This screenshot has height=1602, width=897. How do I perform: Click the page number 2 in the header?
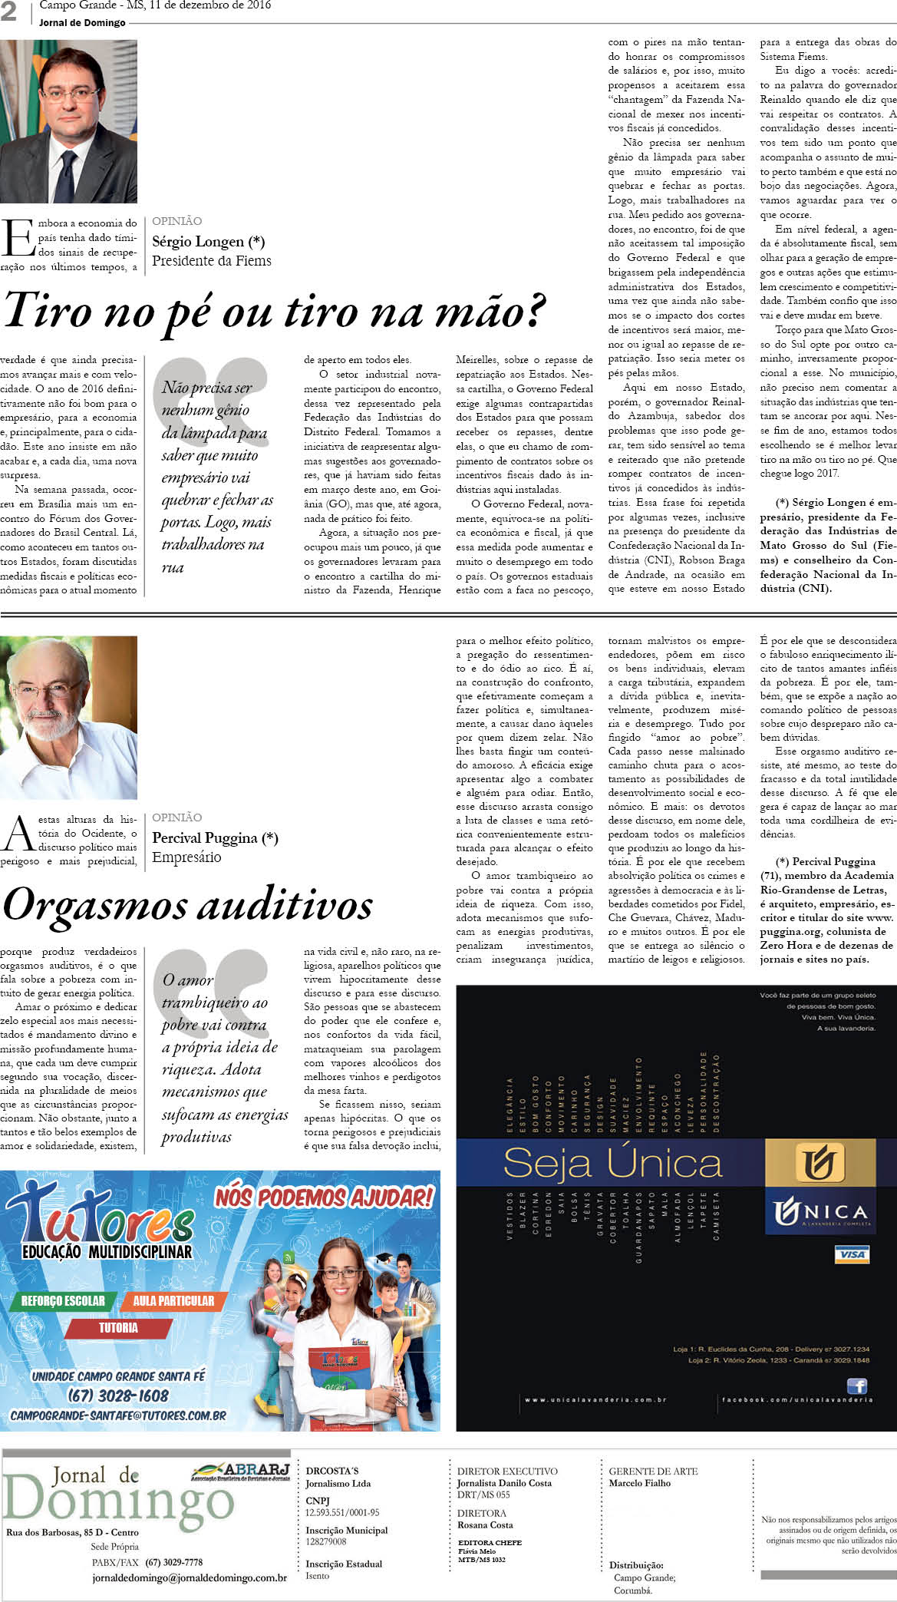pos(8,11)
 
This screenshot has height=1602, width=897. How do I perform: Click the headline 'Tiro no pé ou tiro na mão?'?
pos(274,311)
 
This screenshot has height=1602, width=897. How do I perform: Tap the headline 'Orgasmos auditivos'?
pos(188,904)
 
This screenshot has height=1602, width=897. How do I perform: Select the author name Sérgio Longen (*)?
pos(208,242)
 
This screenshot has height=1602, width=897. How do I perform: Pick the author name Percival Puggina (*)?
pos(215,838)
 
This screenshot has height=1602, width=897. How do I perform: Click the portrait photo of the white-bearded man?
pos(68,717)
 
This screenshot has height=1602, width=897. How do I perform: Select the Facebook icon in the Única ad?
pos(856,1386)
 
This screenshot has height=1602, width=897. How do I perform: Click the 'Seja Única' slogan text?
pos(612,1164)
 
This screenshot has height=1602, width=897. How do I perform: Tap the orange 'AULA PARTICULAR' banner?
pos(173,1300)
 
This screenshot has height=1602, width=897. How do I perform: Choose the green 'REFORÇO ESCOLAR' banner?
pos(63,1300)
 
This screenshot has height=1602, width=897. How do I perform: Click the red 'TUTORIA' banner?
pos(118,1327)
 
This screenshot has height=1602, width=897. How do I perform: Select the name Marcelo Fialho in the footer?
pos(639,1483)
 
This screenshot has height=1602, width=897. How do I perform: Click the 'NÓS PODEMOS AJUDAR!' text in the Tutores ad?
pos(325,1197)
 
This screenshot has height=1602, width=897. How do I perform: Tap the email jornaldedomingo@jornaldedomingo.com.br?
pos(190,1578)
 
